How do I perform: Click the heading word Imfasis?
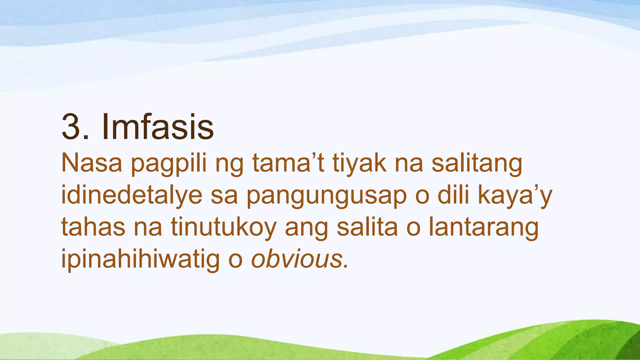(x=157, y=127)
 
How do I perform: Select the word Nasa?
(x=92, y=163)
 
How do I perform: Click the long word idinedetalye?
(x=132, y=196)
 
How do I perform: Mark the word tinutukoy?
(x=223, y=227)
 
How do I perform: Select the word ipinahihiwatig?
(x=141, y=259)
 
